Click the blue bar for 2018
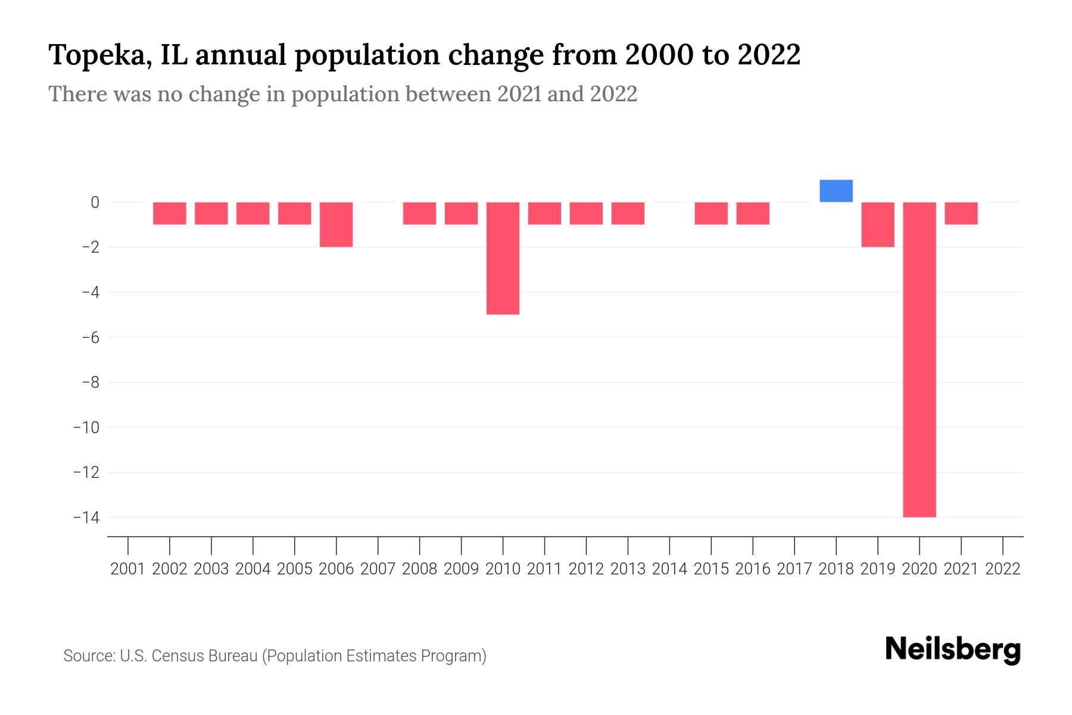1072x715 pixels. point(836,191)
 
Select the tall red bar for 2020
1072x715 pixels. point(920,359)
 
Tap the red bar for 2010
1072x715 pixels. point(503,258)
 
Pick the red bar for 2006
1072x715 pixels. point(336,225)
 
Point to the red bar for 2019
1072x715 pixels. point(878,225)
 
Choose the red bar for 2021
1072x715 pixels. point(961,213)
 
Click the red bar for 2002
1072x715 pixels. point(170,213)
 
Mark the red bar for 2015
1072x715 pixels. point(711,213)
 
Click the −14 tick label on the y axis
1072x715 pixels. point(86,517)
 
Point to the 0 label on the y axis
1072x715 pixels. point(95,203)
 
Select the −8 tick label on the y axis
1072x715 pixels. point(90,383)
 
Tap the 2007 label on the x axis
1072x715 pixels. point(378,569)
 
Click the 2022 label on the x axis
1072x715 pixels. point(1003,569)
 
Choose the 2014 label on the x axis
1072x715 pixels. point(669,569)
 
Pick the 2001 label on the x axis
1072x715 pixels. point(128,569)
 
